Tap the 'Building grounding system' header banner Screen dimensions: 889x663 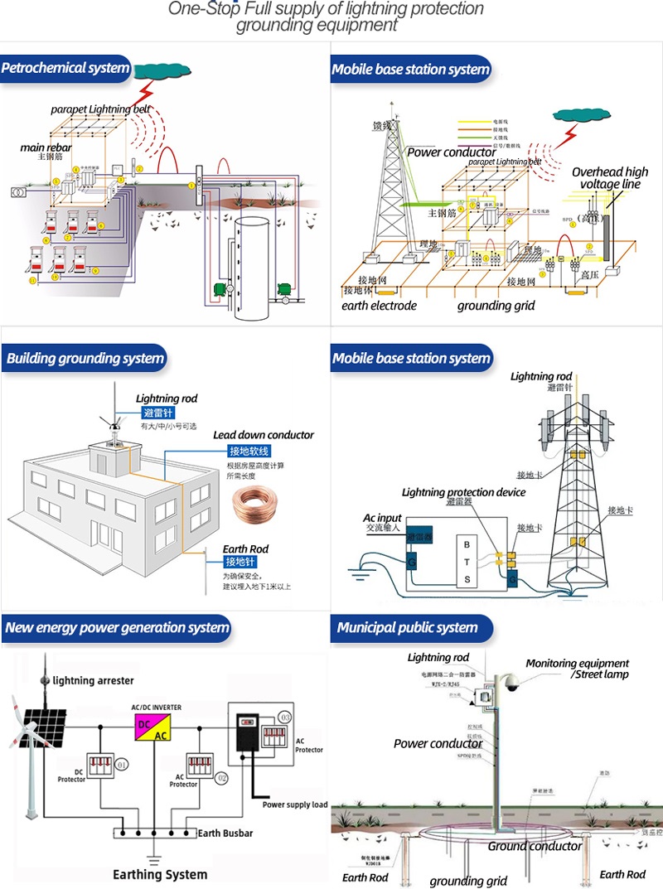[x=85, y=359]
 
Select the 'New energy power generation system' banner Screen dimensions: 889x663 [x=116, y=627]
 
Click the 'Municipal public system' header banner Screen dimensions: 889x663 [x=408, y=627]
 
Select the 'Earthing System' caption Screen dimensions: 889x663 [x=160, y=874]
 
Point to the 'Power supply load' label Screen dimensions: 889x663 [x=295, y=804]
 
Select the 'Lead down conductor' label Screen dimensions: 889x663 [x=264, y=435]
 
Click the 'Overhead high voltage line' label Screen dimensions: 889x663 [x=610, y=178]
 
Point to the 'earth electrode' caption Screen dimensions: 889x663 [x=380, y=306]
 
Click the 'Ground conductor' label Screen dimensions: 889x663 [x=535, y=846]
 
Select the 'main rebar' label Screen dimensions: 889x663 [x=46, y=147]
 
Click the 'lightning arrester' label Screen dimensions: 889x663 [x=93, y=680]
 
